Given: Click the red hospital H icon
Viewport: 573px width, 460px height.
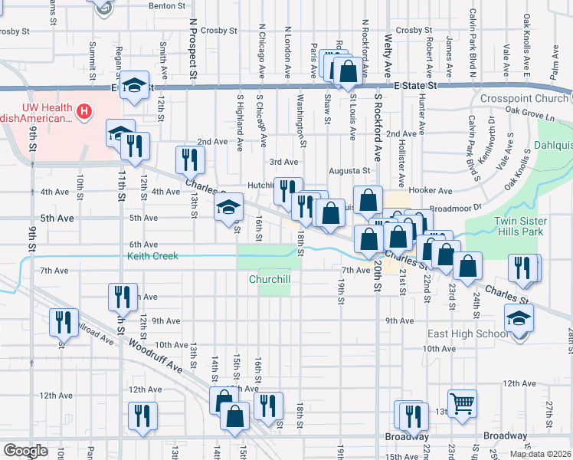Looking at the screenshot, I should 84,112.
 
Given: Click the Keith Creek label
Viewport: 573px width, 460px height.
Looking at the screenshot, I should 152,256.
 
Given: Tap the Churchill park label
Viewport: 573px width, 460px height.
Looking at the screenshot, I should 269,280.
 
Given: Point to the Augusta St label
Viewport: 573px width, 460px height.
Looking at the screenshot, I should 349,171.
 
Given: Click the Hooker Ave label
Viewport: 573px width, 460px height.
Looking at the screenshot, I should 432,190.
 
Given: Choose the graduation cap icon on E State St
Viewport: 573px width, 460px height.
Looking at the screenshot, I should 134,85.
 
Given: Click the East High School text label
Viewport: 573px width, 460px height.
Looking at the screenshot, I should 469,333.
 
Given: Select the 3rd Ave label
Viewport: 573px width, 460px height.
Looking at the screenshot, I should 283,162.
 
